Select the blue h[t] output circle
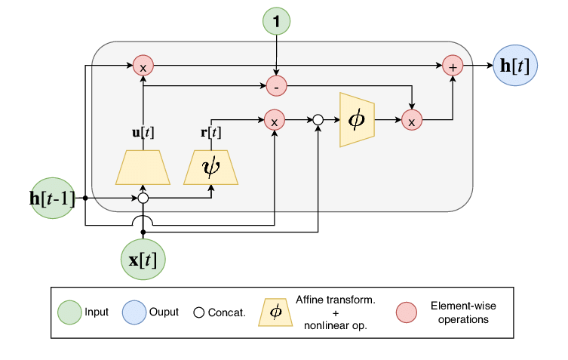pos(514,66)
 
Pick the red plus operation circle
pos(453,66)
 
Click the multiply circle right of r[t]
pos(274,119)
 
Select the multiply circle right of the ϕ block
pos(412,119)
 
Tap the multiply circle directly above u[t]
pos(143,66)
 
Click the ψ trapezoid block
pos(210,166)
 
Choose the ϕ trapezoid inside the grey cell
pos(357,119)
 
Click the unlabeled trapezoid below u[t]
pos(143,166)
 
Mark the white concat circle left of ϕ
pos(318,119)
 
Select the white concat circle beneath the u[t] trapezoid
pos(143,199)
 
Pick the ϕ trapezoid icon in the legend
pos(276,312)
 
